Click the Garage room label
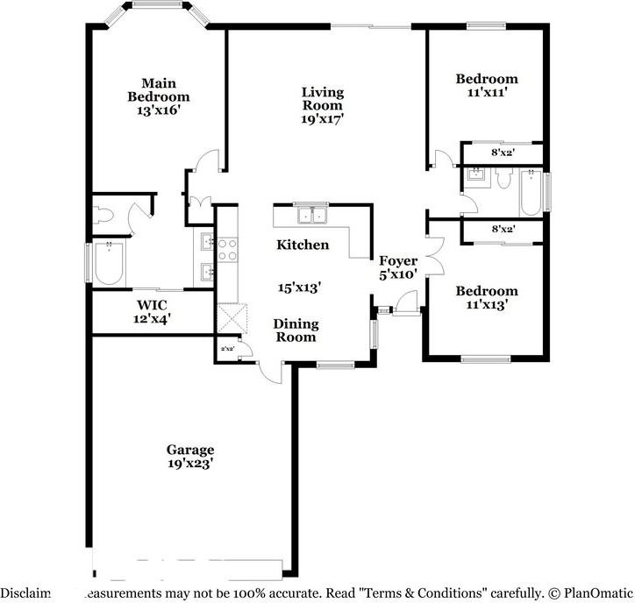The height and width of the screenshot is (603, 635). [191, 450]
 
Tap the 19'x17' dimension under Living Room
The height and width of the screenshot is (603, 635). [322, 118]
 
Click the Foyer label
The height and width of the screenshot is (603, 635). [397, 261]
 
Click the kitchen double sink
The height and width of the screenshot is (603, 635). [309, 215]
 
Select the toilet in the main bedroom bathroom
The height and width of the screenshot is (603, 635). [103, 214]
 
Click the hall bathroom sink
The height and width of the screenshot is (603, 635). [476, 174]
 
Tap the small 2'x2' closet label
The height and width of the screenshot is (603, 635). [227, 350]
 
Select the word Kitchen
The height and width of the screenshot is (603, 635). [303, 245]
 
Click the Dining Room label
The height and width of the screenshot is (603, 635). [296, 330]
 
